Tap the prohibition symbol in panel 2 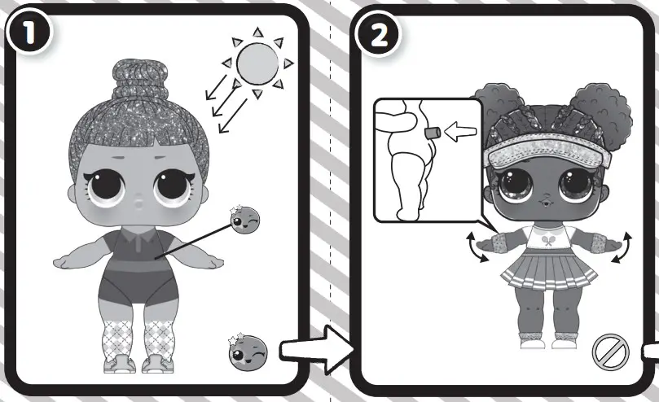coord(610,352)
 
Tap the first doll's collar coord(137,241)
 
